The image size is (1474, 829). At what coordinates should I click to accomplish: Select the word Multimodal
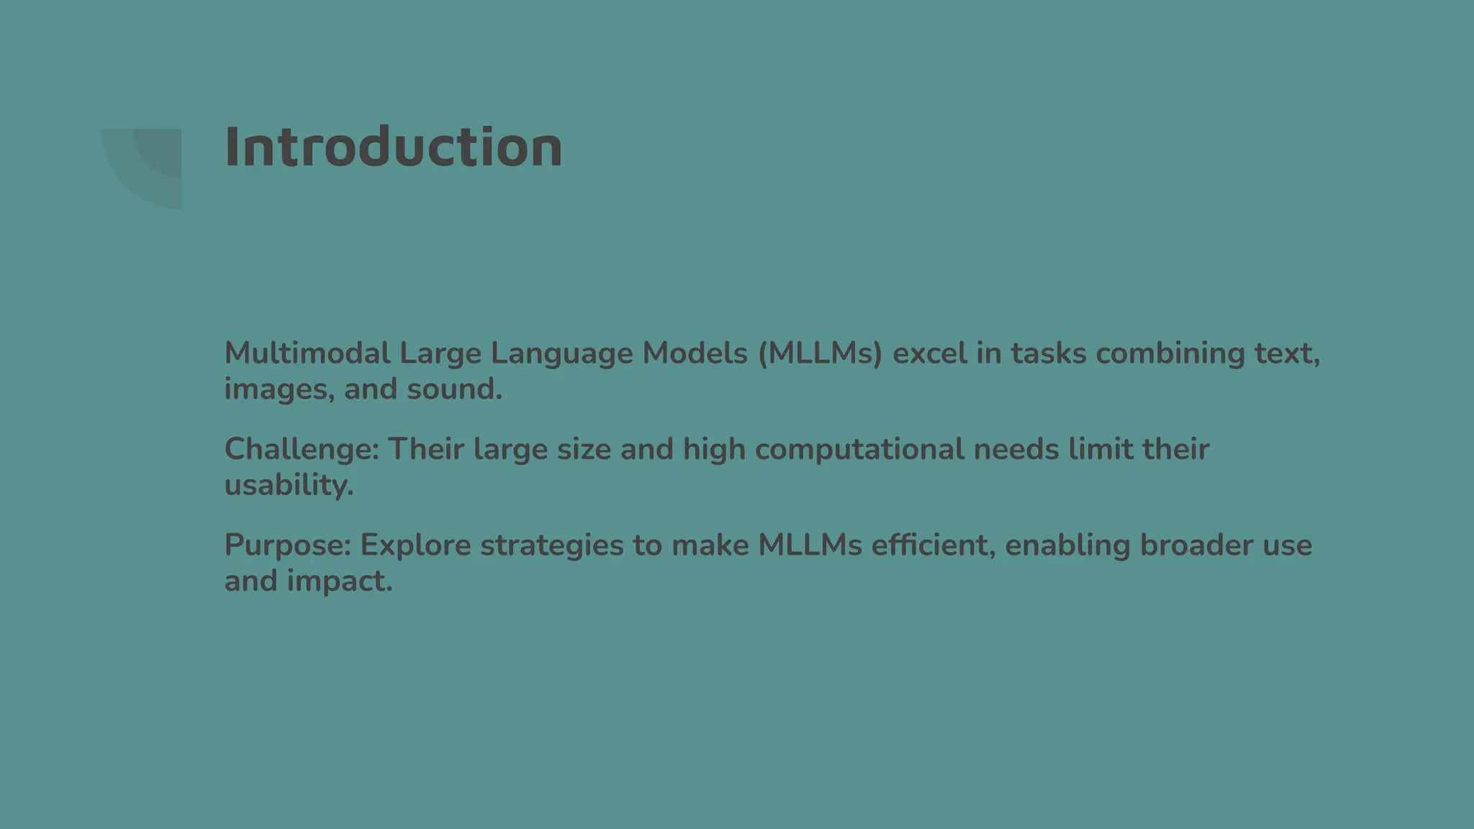click(x=307, y=353)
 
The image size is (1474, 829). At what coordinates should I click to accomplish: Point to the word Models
click(x=695, y=353)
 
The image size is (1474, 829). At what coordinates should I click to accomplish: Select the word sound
click(x=454, y=389)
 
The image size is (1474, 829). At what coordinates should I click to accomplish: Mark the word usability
click(x=289, y=486)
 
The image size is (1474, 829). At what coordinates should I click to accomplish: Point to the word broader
click(x=1196, y=545)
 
